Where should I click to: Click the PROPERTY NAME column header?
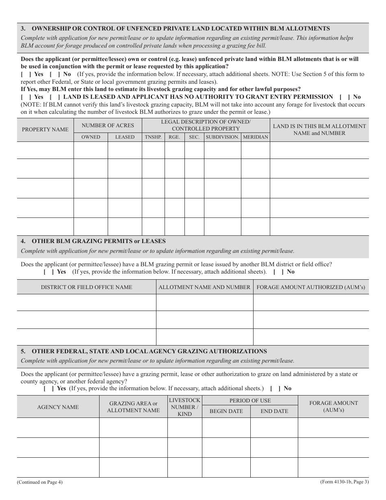click(45, 130)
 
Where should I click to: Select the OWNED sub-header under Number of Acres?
click(91, 137)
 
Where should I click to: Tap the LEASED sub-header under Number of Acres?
click(125, 137)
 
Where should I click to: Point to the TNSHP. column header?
click(153, 137)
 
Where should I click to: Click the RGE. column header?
click(174, 137)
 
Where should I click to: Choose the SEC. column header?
click(194, 137)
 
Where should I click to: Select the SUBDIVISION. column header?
click(222, 137)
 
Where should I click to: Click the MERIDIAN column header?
click(256, 137)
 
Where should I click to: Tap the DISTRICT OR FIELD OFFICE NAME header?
click(87, 287)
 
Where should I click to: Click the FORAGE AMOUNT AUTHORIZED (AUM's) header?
click(311, 287)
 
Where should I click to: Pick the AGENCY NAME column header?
click(58, 407)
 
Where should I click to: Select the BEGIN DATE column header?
click(226, 411)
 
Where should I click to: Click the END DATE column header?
click(274, 411)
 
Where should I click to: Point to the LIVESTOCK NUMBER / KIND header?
click(184, 407)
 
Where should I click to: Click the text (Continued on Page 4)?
click(40, 483)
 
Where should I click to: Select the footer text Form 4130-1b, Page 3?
click(344, 482)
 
